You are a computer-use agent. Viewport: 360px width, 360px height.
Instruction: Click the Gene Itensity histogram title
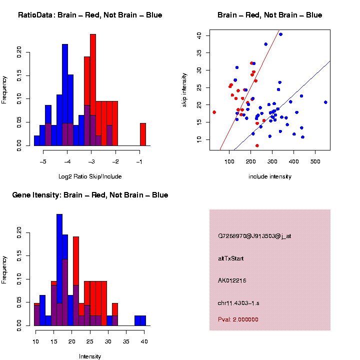[x=90, y=194]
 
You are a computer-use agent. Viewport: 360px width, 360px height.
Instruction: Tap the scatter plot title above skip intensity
[x=269, y=15]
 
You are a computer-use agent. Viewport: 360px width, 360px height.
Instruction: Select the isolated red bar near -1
[x=143, y=134]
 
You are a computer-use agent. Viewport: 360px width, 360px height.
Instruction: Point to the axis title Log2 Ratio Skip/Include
[x=90, y=176]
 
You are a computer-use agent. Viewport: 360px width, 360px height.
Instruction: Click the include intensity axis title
[x=270, y=176]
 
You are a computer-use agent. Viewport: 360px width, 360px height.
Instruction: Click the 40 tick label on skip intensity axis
[x=199, y=35]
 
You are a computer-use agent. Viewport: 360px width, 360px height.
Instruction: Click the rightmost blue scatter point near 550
[x=325, y=102]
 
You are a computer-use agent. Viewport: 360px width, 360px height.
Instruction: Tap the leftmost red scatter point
[x=214, y=112]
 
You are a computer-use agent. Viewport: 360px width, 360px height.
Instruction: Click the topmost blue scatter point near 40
[x=280, y=34]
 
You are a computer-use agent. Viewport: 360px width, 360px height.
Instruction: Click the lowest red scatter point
[x=257, y=145]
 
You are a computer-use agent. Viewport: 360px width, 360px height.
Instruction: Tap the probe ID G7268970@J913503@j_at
[x=254, y=236]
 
